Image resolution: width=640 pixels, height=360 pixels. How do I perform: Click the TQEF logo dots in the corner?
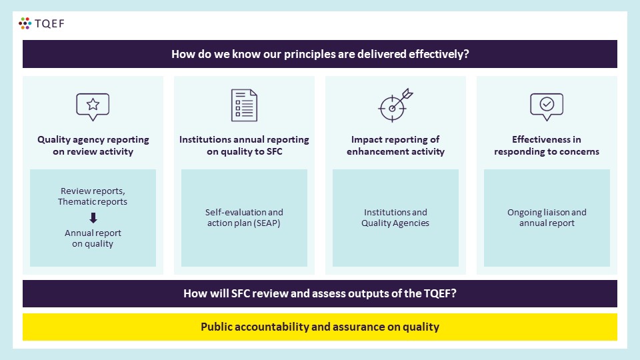tap(25, 23)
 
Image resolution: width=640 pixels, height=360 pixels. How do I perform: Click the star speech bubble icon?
tap(93, 107)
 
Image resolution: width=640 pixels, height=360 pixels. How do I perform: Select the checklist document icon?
tap(244, 105)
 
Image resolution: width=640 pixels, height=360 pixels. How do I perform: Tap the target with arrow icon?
tap(395, 105)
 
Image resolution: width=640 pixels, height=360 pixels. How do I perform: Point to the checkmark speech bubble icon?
tap(547, 107)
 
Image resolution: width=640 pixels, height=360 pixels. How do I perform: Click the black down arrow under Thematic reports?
tap(93, 217)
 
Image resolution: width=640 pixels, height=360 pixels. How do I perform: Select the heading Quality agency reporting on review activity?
tap(93, 145)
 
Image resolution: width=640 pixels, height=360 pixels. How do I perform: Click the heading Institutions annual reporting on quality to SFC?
tap(244, 145)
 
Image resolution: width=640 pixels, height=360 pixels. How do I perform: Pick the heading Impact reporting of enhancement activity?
tap(395, 145)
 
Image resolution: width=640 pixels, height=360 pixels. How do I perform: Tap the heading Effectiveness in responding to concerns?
tap(547, 145)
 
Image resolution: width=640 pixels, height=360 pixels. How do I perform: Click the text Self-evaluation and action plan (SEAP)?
tap(244, 217)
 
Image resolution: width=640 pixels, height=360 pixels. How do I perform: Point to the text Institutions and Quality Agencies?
tap(395, 217)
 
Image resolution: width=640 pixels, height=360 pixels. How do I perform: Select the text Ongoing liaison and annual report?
tap(547, 217)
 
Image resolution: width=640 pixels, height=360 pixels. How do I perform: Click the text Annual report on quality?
tap(93, 239)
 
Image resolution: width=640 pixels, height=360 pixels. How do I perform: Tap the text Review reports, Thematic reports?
tap(93, 196)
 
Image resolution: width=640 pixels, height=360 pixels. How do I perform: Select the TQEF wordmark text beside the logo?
tap(49, 24)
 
